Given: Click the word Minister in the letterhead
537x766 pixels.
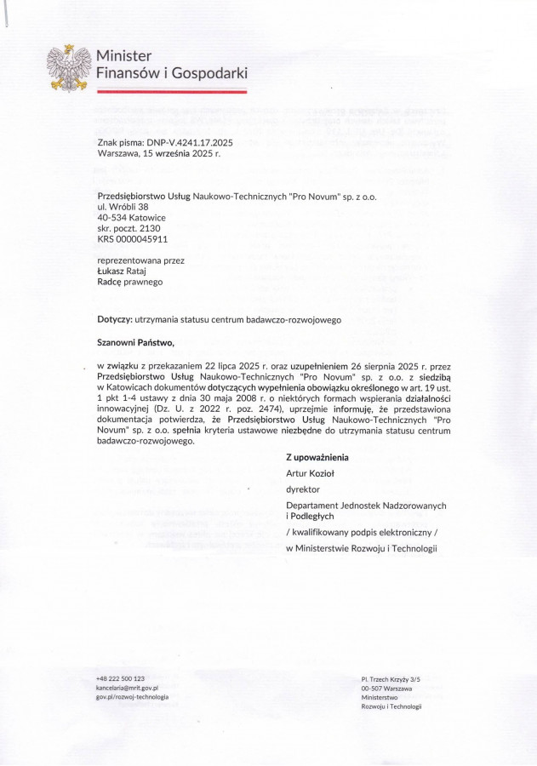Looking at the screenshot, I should pos(123,56).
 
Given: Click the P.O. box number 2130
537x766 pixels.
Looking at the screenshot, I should pos(146,229).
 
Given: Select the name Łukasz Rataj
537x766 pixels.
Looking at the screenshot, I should pos(125,271).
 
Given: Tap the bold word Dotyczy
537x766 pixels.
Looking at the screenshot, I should pos(115,320).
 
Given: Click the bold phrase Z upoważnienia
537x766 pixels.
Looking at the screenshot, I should pos(317,457).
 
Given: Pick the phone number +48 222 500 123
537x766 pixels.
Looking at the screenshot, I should pos(120,678).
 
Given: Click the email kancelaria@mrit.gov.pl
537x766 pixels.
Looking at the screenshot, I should pos(128,688).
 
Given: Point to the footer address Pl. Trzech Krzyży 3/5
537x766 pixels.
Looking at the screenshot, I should pos(391,679).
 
